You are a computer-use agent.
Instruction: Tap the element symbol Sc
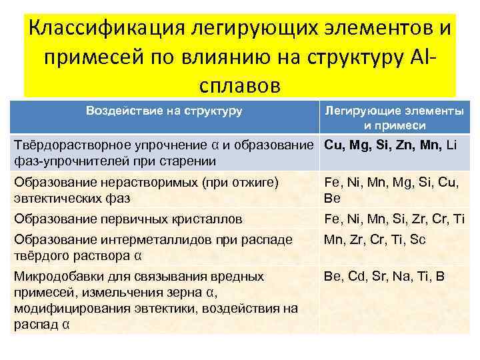[437, 240]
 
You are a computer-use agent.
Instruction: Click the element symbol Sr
[382, 276]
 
